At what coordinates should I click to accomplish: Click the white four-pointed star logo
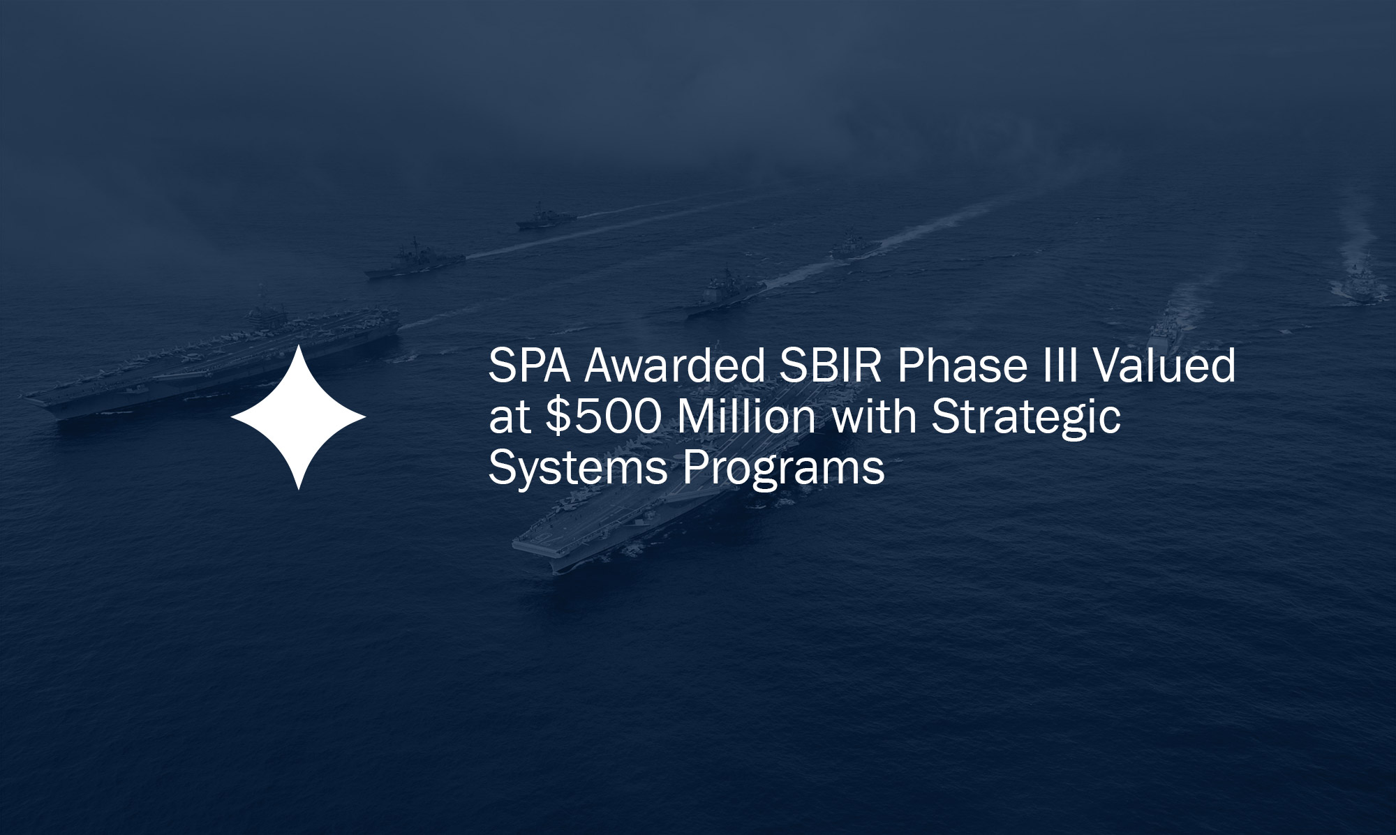pyautogui.click(x=298, y=417)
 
